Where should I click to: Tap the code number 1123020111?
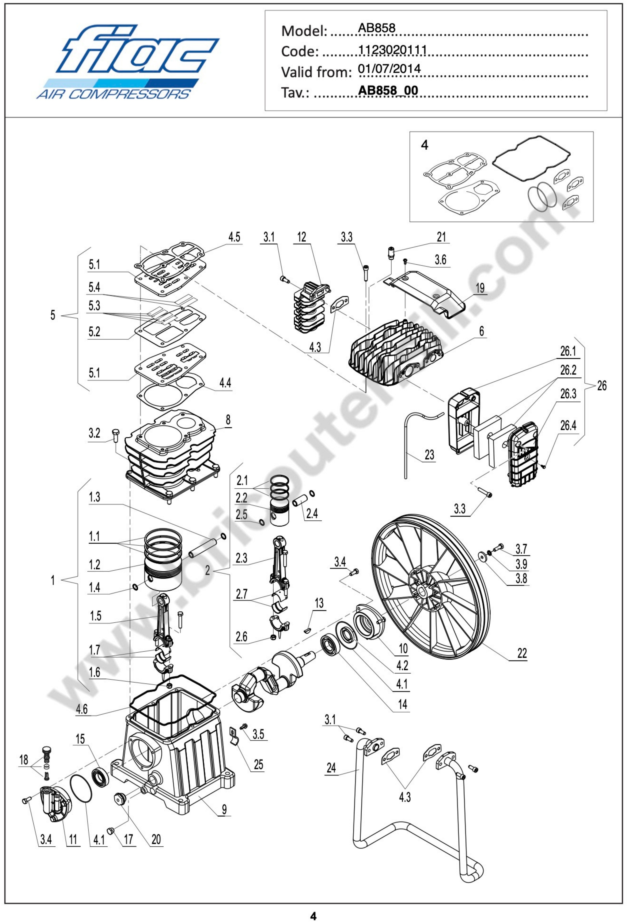(392, 49)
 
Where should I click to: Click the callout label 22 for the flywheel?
(522, 654)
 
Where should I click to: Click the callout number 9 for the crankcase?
(224, 809)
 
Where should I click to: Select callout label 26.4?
(568, 426)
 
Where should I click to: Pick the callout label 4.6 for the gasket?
(82, 709)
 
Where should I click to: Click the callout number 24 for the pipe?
(331, 768)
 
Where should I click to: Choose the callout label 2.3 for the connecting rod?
(241, 558)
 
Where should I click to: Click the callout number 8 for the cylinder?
(228, 420)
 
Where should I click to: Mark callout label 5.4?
(95, 287)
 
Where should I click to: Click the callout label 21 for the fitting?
(441, 237)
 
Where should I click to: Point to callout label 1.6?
(95, 672)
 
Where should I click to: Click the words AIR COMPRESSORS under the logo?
(113, 94)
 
